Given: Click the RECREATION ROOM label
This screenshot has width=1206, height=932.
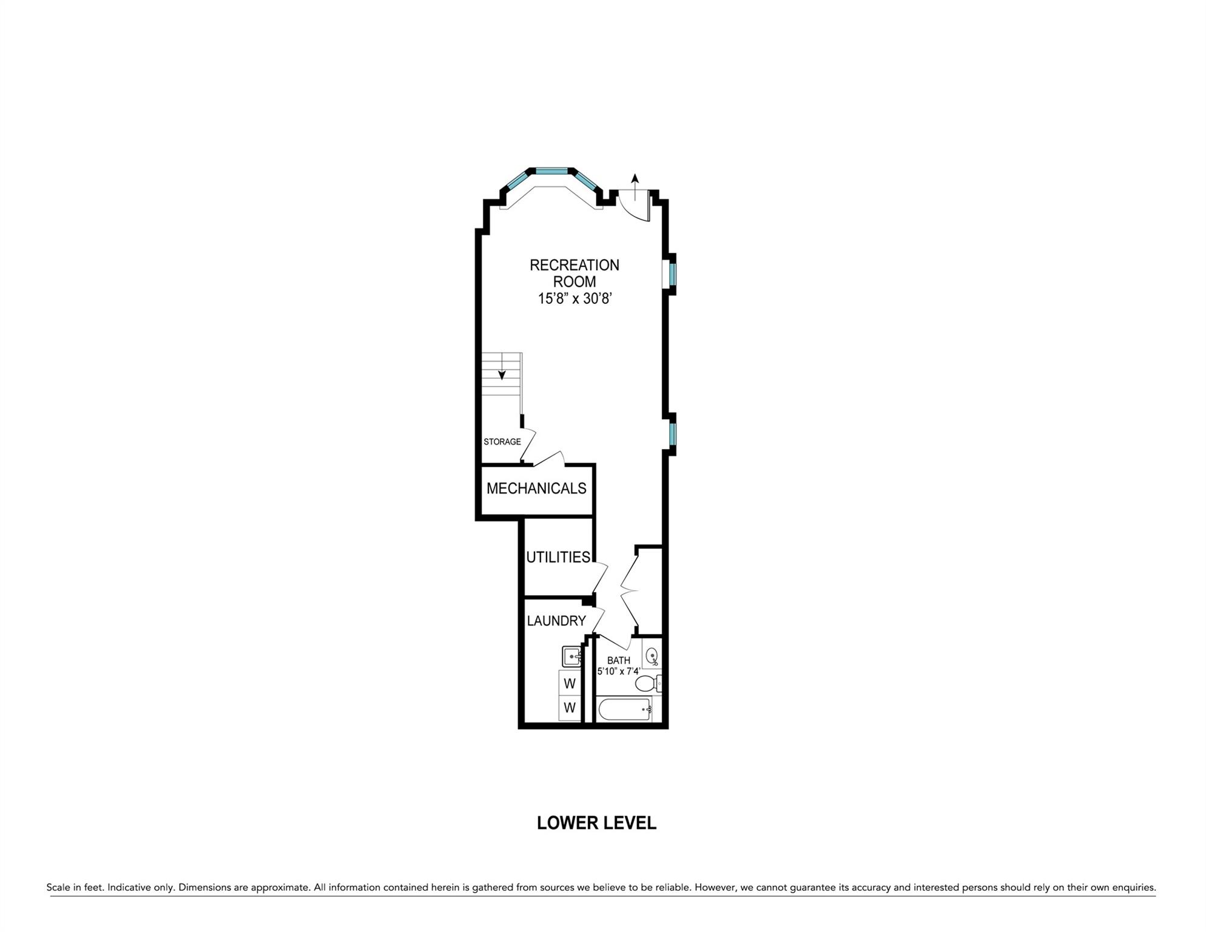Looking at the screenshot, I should click(574, 273).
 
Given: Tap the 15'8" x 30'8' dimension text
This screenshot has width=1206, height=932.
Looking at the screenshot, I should click(574, 299).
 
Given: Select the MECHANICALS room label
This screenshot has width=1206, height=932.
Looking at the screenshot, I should click(536, 488).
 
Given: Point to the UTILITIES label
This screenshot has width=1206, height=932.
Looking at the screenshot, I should click(558, 557).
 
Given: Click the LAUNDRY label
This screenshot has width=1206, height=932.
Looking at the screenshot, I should click(556, 621).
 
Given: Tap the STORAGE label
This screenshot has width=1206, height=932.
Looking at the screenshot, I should click(502, 442).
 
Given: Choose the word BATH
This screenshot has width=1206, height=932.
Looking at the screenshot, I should click(618, 660).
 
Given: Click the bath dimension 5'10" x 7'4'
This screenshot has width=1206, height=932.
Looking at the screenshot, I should click(618, 672).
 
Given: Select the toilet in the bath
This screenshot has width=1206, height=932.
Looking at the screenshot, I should click(647, 684).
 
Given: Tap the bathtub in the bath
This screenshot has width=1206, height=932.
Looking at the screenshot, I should click(625, 709).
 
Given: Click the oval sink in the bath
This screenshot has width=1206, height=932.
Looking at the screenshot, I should click(652, 656).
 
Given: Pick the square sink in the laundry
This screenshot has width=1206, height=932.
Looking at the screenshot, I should click(572, 657).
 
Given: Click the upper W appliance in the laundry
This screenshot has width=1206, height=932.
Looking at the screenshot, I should click(570, 684).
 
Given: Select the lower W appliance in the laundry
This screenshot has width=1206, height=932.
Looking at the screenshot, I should click(570, 708).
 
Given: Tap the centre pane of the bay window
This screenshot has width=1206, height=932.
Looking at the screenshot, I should click(551, 171).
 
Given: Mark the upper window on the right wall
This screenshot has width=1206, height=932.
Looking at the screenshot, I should click(672, 274).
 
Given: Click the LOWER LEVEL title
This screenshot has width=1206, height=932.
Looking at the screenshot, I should click(596, 823).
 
